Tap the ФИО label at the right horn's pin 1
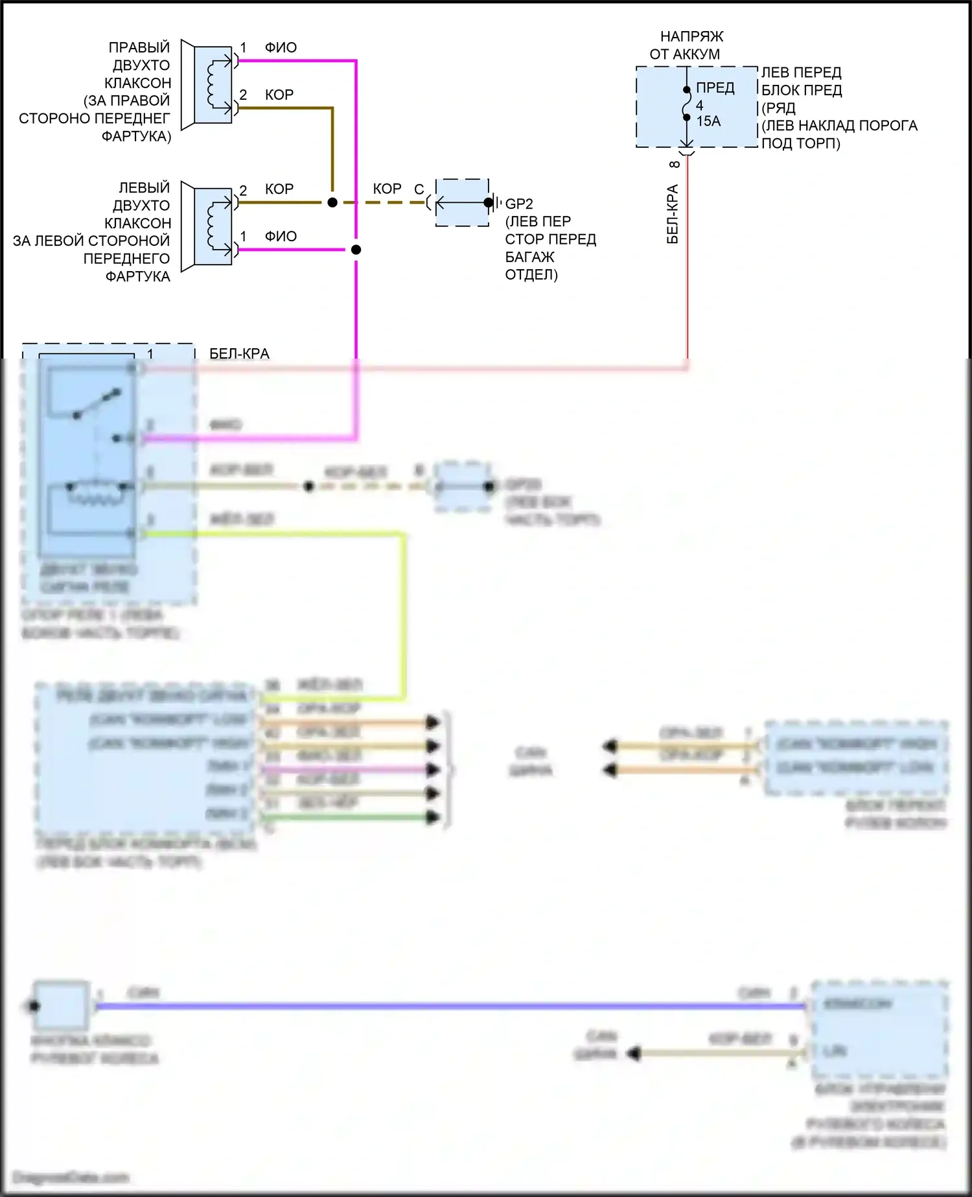click(281, 48)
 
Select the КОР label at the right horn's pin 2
click(279, 95)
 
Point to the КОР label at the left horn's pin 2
click(279, 189)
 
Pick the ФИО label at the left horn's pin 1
click(281, 237)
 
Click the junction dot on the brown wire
click(332, 202)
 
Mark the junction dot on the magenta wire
click(356, 250)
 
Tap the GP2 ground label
click(519, 204)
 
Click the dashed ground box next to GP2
click(462, 202)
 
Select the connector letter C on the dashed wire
click(419, 189)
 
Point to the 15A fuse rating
click(708, 121)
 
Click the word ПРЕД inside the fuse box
click(715, 88)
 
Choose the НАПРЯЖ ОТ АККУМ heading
click(688, 45)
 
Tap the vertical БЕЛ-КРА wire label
click(673, 214)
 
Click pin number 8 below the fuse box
click(674, 165)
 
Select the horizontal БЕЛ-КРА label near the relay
click(239, 353)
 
